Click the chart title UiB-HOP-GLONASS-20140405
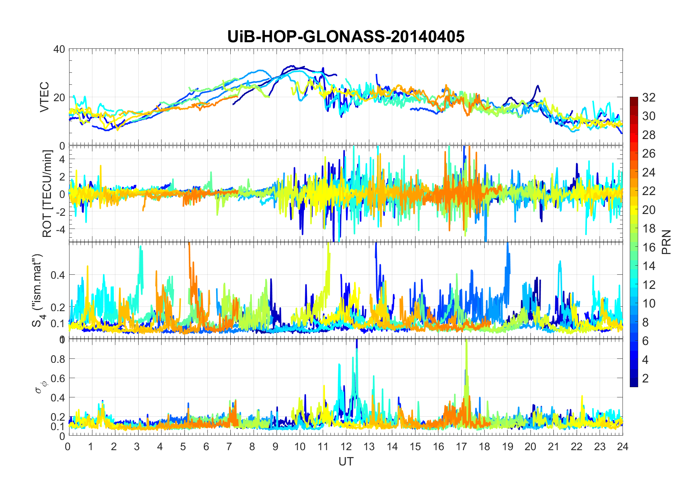[346, 37]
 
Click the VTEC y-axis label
[44, 97]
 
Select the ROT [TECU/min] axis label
[47, 194]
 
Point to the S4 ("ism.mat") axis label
[38, 290]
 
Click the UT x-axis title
[346, 462]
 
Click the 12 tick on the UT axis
[346, 447]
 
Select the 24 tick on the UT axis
[623, 447]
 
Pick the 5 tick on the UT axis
[183, 447]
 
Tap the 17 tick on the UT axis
[461, 447]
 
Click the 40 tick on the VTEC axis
[59, 49]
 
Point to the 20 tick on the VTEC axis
[59, 98]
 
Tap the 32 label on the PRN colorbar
[649, 98]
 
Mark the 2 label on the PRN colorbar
[645, 378]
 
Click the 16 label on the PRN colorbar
[649, 247]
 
